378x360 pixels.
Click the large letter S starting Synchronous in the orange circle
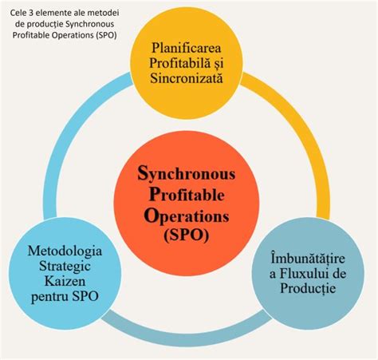pyautogui.click(x=144, y=172)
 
